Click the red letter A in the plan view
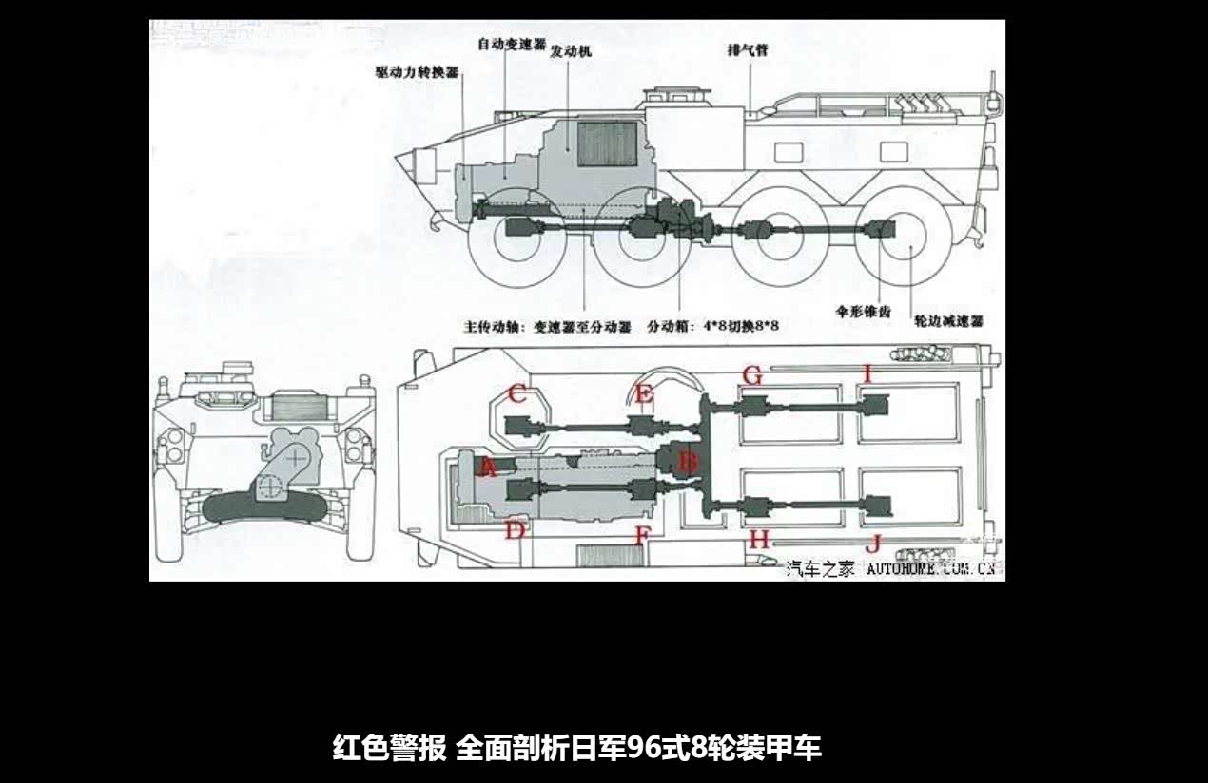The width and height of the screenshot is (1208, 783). click(x=488, y=467)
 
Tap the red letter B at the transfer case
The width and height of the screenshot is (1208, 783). click(x=688, y=463)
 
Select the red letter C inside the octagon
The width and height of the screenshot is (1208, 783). click(x=517, y=393)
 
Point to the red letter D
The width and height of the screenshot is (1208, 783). click(x=515, y=529)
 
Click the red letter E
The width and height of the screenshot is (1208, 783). click(x=644, y=393)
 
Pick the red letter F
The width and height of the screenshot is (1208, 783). click(x=643, y=536)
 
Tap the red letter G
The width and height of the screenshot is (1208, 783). click(x=752, y=375)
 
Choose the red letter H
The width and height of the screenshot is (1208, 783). click(x=758, y=540)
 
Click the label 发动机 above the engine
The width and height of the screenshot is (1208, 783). click(x=571, y=50)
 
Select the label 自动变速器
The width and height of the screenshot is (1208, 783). click(x=511, y=45)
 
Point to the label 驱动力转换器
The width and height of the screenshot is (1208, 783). click(x=418, y=72)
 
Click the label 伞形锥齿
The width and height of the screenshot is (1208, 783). click(x=863, y=310)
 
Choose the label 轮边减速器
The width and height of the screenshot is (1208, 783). click(x=947, y=321)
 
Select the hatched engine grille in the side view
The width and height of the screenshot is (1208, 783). click(x=607, y=143)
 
